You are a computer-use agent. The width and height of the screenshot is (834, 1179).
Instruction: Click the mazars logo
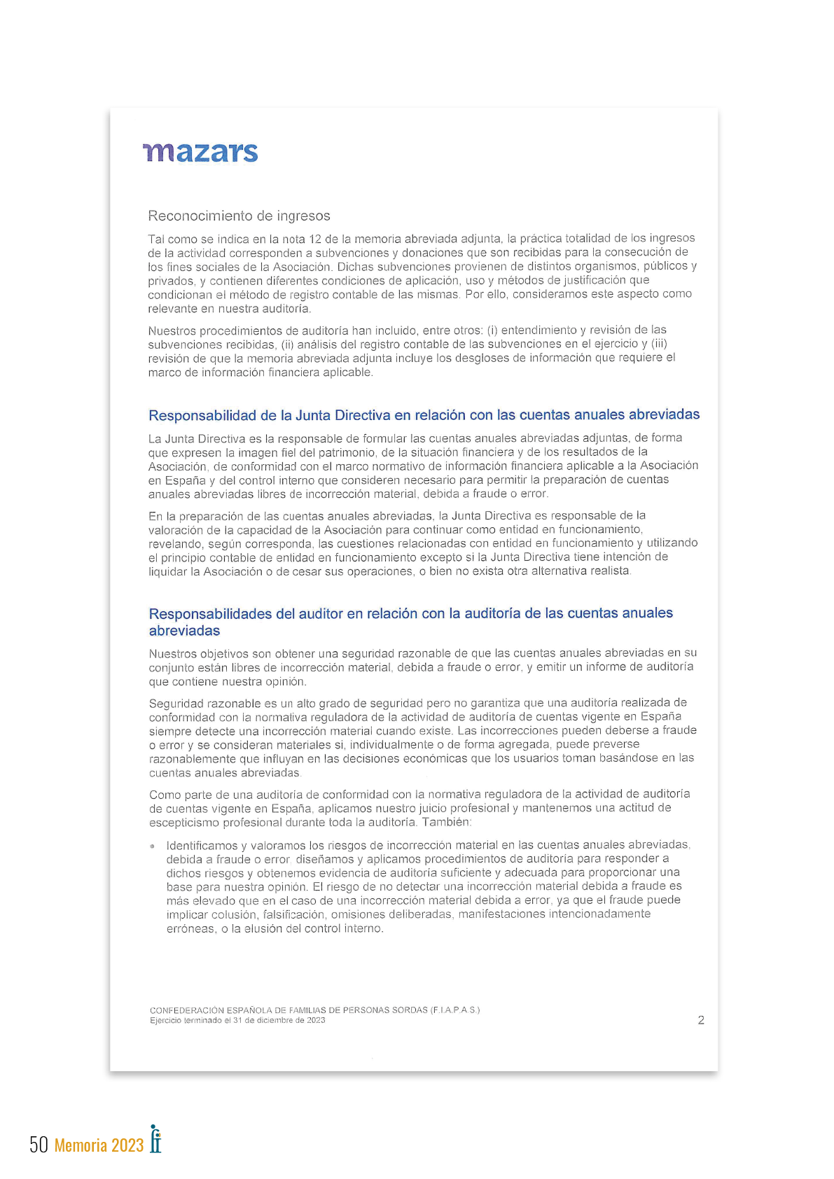click(200, 152)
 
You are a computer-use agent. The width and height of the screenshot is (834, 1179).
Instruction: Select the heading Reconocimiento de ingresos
click(239, 216)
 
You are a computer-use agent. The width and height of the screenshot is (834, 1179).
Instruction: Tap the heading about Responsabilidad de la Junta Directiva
click(424, 415)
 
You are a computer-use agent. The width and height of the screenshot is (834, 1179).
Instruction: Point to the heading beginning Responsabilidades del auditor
click(410, 614)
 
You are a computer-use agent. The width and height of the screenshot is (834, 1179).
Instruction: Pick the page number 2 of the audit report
click(701, 1020)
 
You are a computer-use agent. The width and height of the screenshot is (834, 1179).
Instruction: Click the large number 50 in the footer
click(39, 1144)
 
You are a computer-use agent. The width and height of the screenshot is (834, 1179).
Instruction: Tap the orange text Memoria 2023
click(99, 1145)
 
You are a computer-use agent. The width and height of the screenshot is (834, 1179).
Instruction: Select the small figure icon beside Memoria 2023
click(155, 1138)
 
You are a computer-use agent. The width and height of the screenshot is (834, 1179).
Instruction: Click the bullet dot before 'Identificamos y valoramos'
click(153, 846)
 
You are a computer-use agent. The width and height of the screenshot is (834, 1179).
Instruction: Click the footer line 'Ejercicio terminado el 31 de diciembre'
click(237, 1020)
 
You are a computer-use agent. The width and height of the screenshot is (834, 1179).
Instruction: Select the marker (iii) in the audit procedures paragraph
click(659, 344)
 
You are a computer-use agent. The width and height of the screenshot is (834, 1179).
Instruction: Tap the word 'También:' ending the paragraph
click(447, 822)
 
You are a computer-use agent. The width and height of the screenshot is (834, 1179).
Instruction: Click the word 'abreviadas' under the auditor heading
click(184, 631)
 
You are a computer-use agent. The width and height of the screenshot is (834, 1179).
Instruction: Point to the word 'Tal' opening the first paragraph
click(156, 239)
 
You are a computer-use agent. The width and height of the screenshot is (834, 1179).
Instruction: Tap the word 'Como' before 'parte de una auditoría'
click(165, 795)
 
